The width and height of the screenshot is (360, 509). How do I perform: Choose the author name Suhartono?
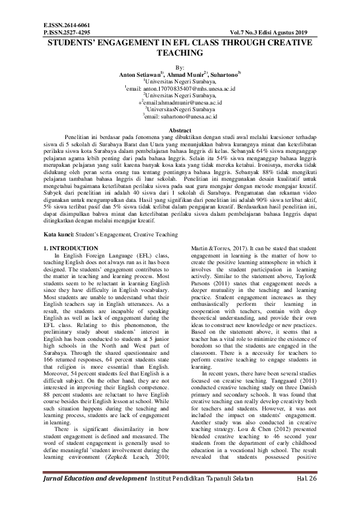223,74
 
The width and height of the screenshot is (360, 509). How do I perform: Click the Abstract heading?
180,130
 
